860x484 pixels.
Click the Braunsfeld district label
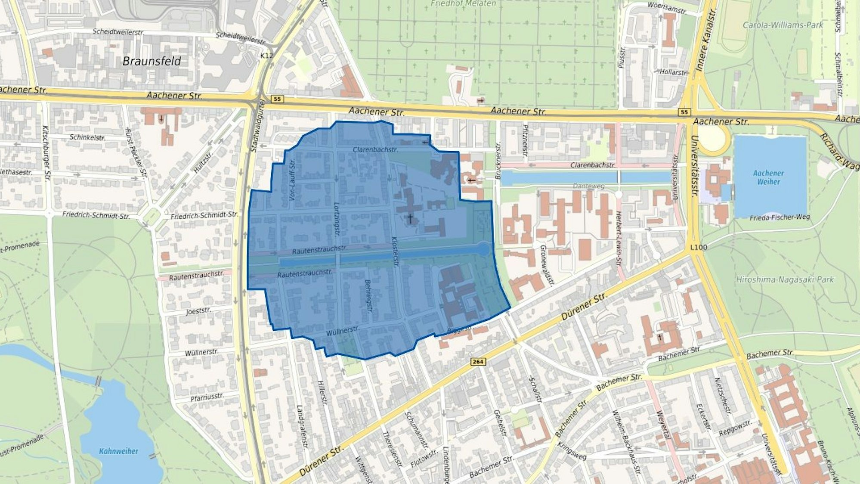[152, 61]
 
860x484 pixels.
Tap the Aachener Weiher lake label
[768, 177]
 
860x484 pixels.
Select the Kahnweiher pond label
[119, 451]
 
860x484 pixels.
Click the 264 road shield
[478, 362]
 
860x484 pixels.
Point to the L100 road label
[698, 248]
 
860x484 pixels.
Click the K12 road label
[266, 56]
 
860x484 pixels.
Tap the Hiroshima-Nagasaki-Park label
[785, 280]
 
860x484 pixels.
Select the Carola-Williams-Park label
[783, 25]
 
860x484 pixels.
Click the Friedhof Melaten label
[463, 4]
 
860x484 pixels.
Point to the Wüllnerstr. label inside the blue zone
[343, 331]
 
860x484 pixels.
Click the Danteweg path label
[588, 186]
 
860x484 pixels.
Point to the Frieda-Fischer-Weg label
[780, 217]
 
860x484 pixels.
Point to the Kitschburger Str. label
[46, 153]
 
